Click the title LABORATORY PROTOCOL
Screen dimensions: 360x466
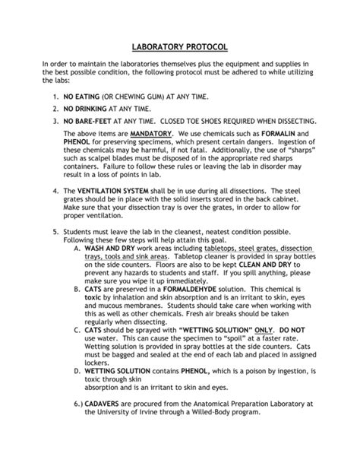click(x=179, y=47)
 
